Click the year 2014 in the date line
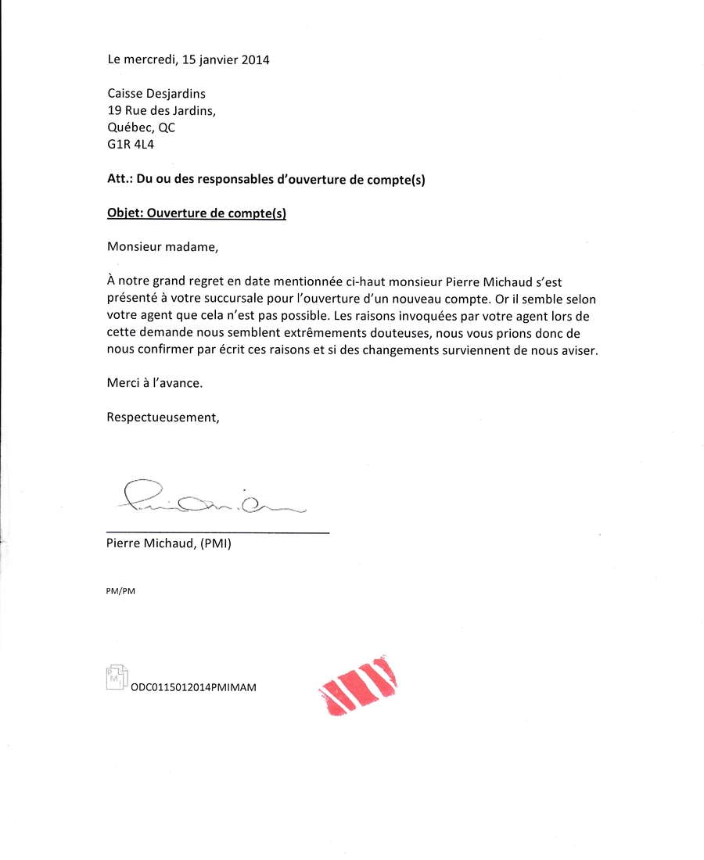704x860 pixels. [254, 59]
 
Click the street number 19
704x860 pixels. [114, 111]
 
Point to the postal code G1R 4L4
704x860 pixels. [131, 144]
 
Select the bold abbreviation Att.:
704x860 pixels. [120, 179]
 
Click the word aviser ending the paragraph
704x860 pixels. [579, 350]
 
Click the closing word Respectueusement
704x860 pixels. [163, 417]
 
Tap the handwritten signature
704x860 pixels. [207, 497]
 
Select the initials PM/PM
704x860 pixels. [120, 591]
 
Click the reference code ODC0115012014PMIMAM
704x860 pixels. [194, 687]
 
